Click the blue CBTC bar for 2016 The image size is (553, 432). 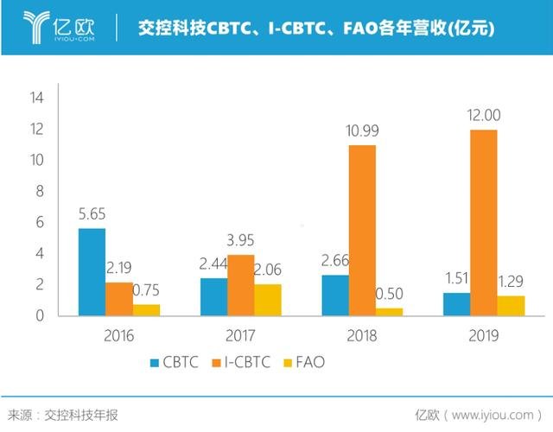coord(92,271)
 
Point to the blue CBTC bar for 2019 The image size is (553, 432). coord(455,303)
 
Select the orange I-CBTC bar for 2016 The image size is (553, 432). coord(119,298)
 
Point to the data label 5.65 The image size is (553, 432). coord(92,213)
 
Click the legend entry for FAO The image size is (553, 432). coord(315,363)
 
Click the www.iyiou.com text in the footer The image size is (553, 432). coord(493,415)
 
